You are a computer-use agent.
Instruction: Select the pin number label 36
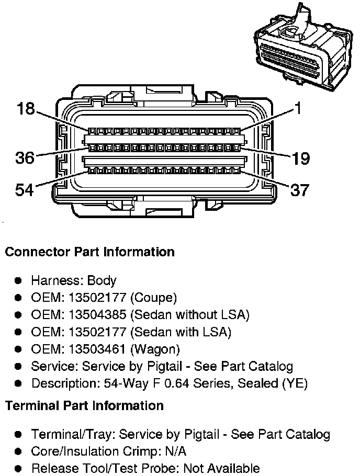click(25, 157)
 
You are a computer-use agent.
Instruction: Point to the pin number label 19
click(300, 158)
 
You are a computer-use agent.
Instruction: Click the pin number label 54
click(24, 189)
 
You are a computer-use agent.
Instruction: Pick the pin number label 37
click(299, 189)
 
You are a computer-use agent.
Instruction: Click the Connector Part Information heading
click(89, 252)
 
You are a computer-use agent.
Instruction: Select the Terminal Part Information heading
click(84, 405)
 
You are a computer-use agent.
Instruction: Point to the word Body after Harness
click(102, 281)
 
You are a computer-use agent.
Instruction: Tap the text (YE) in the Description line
click(295, 383)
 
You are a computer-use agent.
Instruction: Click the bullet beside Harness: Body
click(18, 281)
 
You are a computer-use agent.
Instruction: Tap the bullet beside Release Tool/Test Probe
click(18, 468)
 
